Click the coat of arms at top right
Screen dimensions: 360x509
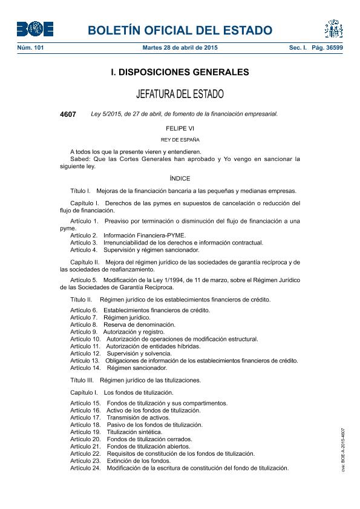[x=333, y=28]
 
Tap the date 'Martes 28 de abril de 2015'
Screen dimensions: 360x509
[x=180, y=47]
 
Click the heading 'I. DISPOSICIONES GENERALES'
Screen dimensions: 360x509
[x=180, y=72]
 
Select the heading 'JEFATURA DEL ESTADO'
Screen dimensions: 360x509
[x=180, y=94]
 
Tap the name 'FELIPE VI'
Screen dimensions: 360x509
[x=180, y=128]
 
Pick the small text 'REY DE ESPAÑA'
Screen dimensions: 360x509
[x=180, y=140]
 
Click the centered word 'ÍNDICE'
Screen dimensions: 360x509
[x=180, y=179]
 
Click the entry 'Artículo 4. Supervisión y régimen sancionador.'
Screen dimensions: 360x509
[x=134, y=250]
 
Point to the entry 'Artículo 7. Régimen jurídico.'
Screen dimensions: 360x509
[x=110, y=317]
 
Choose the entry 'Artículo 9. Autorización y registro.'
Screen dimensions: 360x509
[x=117, y=332]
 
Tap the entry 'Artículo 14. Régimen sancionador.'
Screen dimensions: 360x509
[x=119, y=367]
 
